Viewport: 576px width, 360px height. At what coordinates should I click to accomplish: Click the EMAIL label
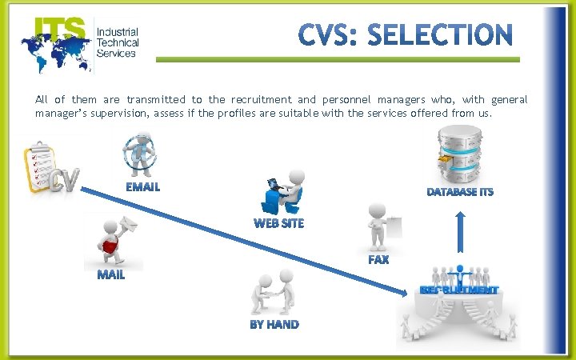click(142, 187)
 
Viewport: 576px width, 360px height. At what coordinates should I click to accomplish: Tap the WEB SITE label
click(278, 223)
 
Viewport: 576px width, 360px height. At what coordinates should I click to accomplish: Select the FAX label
click(378, 260)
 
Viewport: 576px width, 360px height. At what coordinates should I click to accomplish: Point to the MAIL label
click(111, 275)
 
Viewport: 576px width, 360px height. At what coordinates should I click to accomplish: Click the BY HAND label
click(274, 325)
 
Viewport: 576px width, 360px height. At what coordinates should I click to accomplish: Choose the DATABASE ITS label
click(460, 192)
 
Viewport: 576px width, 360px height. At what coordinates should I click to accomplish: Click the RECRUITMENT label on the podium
click(459, 290)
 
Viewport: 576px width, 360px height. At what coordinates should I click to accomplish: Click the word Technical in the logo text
click(118, 42)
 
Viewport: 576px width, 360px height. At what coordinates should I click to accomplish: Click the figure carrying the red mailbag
click(114, 239)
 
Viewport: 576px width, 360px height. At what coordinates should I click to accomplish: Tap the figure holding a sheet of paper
click(382, 226)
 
